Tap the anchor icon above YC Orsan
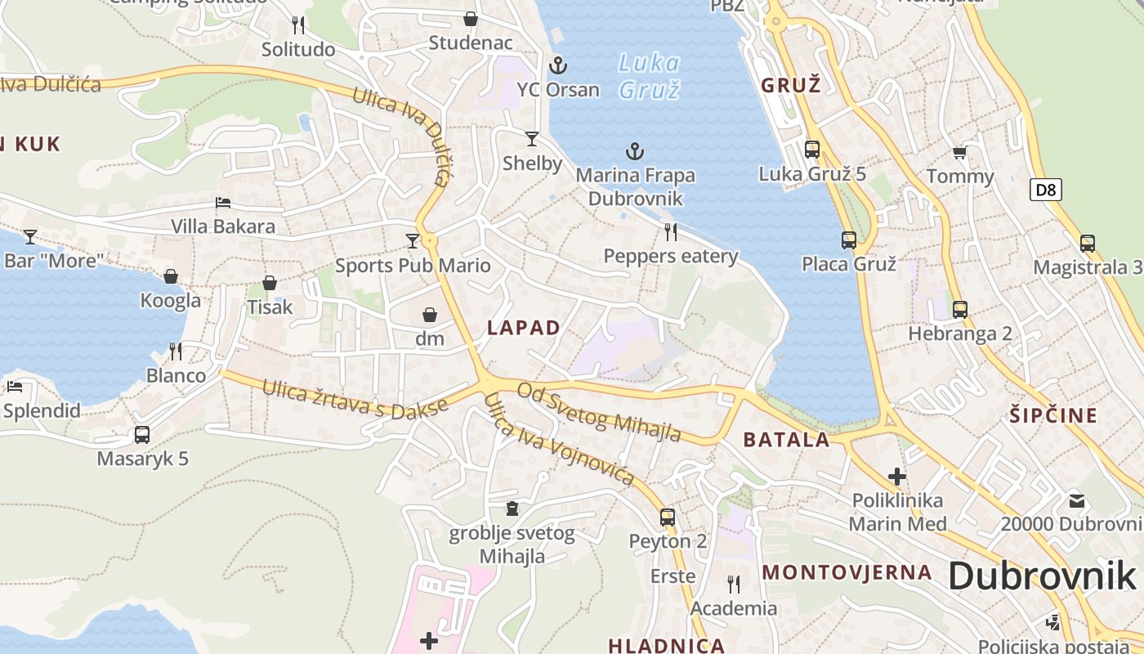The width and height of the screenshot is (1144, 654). (558, 65)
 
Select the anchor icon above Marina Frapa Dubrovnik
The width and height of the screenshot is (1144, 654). (634, 151)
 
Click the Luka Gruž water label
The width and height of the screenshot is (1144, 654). (650, 75)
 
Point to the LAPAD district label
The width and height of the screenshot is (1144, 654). (524, 328)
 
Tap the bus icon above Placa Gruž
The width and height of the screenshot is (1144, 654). (849, 240)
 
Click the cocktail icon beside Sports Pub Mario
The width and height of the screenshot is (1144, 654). (413, 240)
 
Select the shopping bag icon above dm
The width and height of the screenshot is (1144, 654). (430, 315)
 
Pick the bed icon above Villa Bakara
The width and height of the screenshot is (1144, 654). (223, 203)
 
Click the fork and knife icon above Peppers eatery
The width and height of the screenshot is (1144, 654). (671, 232)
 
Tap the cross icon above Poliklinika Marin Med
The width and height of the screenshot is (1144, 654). (897, 476)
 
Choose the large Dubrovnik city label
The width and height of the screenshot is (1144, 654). (1042, 576)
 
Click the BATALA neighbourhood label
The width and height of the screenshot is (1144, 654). (786, 440)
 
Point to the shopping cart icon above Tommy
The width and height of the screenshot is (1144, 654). (960, 152)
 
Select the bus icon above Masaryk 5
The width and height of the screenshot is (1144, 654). (142, 435)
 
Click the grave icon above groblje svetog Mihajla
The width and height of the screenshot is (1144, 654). (512, 509)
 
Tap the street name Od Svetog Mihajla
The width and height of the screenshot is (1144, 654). (599, 413)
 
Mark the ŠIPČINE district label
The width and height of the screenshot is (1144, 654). (1062, 415)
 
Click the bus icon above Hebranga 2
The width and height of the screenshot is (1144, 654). (960, 310)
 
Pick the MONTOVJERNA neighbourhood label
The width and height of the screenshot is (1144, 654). (847, 572)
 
